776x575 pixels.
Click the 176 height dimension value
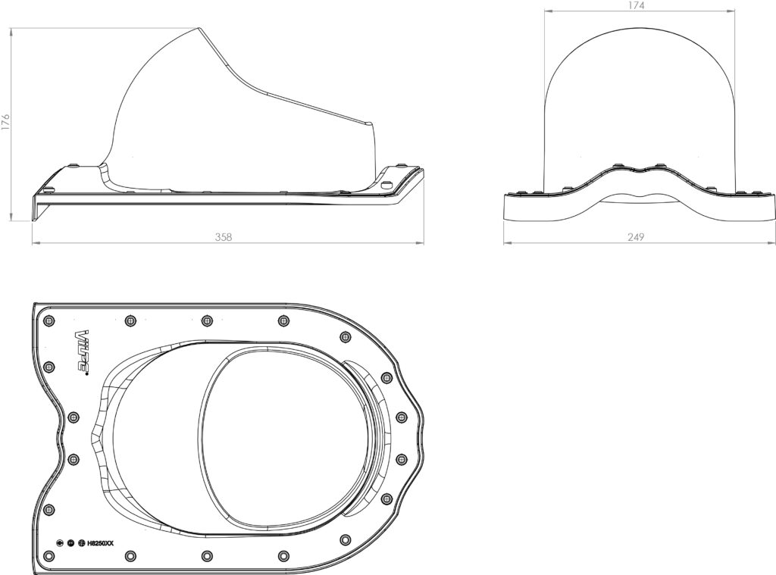tap(5, 122)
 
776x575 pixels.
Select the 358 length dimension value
tap(224, 237)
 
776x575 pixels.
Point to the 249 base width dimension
tap(636, 237)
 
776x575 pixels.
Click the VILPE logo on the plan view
tap(81, 352)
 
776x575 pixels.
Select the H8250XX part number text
tap(101, 543)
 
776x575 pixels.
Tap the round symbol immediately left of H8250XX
tap(81, 543)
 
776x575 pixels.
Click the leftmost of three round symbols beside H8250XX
tap(60, 543)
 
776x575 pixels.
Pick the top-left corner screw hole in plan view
tap(48, 320)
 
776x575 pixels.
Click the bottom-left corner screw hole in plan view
tap(48, 555)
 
